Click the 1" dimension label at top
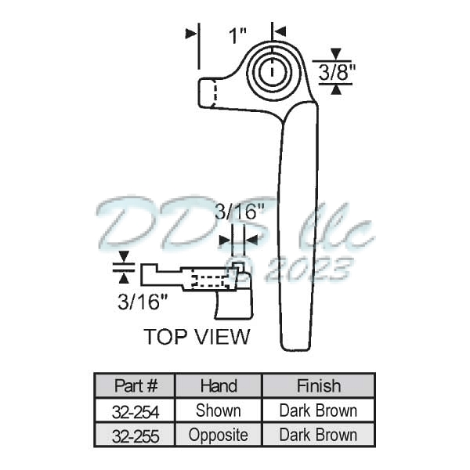pyautogui.click(x=237, y=35)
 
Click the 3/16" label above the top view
pyautogui.click(x=238, y=212)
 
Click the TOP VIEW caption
pyautogui.click(x=197, y=338)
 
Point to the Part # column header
pyautogui.click(x=136, y=386)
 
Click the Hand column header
pyautogui.click(x=219, y=386)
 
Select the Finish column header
pyautogui.click(x=318, y=386)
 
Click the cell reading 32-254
pyautogui.click(x=136, y=410)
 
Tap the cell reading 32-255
pyautogui.click(x=136, y=435)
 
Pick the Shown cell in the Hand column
pyautogui.click(x=219, y=410)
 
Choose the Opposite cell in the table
pyautogui.click(x=219, y=435)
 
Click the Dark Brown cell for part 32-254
pyautogui.click(x=318, y=410)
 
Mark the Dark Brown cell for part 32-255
pyautogui.click(x=318, y=435)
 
